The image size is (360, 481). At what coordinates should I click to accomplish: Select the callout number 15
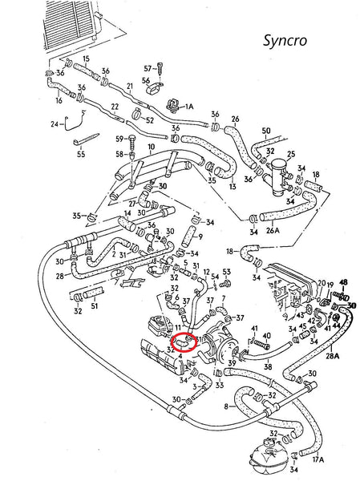(86, 59)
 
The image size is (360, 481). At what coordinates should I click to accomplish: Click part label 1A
(189, 105)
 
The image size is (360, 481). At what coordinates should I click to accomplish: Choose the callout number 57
(148, 70)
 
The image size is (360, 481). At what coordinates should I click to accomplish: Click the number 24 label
(55, 124)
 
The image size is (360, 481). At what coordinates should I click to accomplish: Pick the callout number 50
(265, 130)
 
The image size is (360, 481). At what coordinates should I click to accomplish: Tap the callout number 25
(291, 153)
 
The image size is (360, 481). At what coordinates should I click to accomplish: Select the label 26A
(272, 231)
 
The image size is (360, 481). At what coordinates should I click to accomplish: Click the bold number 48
(344, 283)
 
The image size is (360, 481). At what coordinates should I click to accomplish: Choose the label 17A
(318, 459)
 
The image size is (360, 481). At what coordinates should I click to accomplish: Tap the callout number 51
(94, 305)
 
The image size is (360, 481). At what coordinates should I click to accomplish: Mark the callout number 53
(227, 273)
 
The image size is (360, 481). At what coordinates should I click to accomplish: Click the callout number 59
(119, 139)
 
